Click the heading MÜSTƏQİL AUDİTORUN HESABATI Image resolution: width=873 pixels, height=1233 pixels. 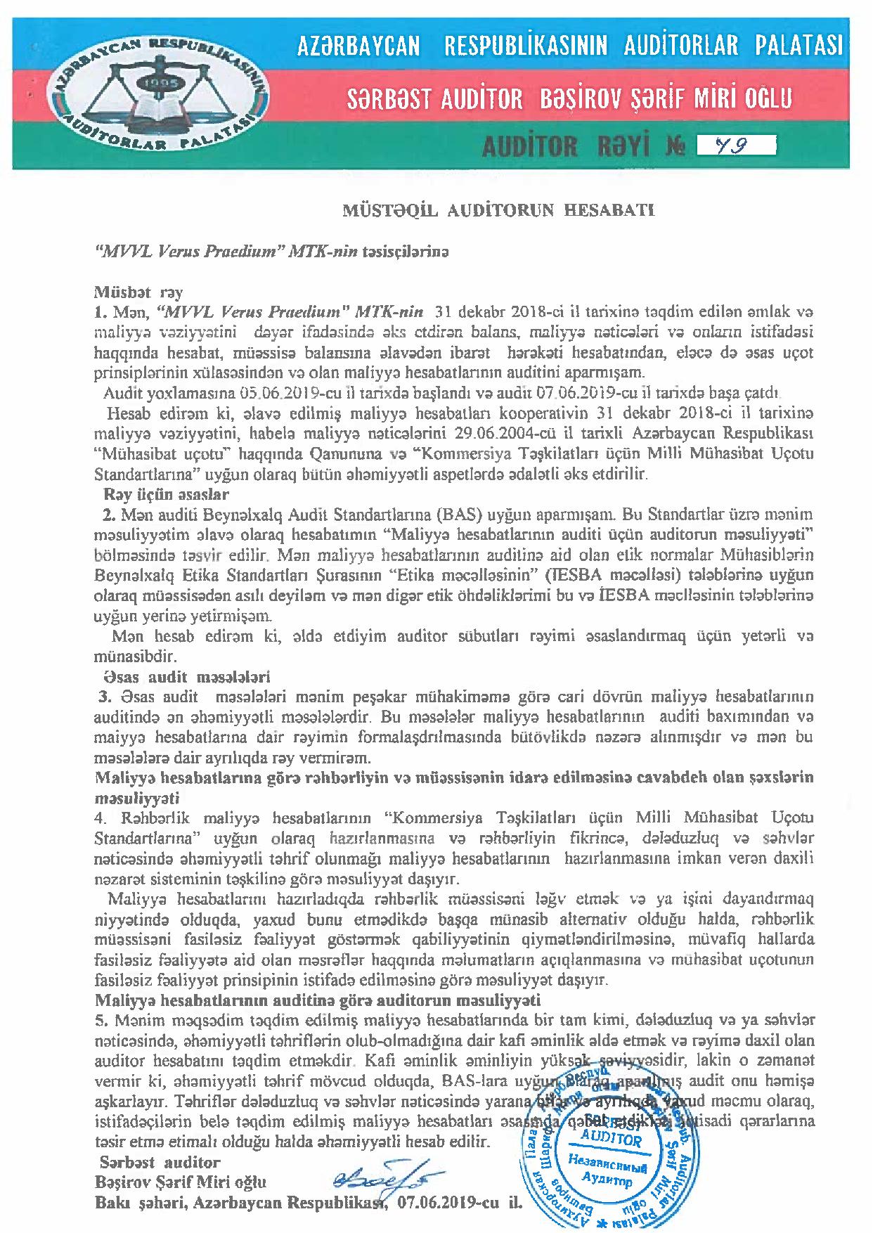click(498, 211)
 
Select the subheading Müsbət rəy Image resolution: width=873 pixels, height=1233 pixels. click(138, 290)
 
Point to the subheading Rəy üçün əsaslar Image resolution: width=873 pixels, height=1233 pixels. click(166, 494)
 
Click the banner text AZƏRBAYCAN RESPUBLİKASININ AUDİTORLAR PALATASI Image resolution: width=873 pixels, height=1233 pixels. click(569, 47)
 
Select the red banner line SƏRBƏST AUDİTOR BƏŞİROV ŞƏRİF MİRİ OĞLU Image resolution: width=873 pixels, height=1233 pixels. click(569, 98)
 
